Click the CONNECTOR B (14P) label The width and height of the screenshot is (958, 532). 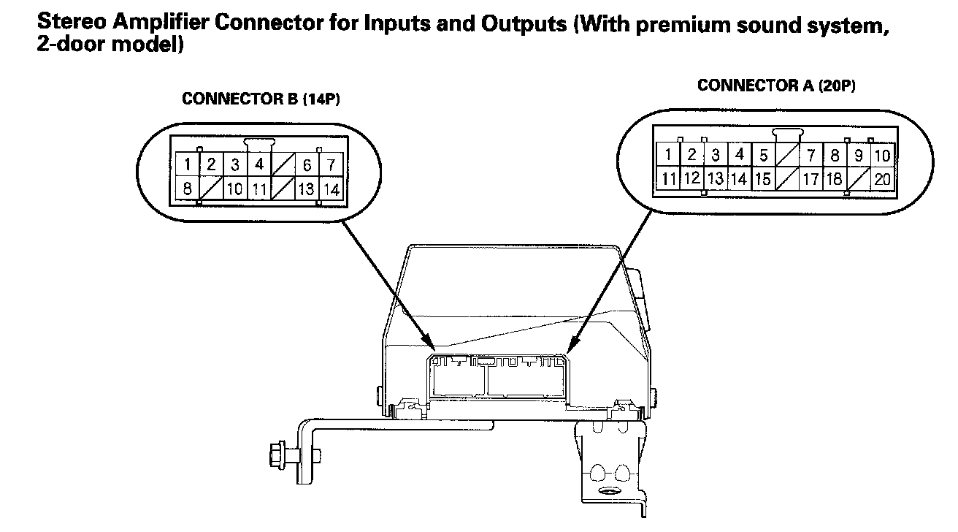click(261, 99)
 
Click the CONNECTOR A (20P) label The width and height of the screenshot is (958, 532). click(776, 85)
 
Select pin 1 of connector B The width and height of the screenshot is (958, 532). click(188, 164)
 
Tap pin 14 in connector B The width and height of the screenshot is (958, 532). click(332, 189)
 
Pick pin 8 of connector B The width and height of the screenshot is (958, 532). click(188, 189)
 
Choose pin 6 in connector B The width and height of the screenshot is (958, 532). click(307, 164)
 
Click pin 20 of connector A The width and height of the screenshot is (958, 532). click(882, 178)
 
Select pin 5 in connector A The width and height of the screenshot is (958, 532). click(763, 155)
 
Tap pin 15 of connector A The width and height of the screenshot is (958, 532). click(763, 178)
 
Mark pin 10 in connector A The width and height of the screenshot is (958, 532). click(882, 155)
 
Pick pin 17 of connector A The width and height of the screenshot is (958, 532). click(811, 178)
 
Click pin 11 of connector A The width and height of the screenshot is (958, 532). click(668, 178)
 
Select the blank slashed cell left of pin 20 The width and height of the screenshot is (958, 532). click(859, 178)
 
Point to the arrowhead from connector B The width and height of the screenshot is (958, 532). click(433, 343)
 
